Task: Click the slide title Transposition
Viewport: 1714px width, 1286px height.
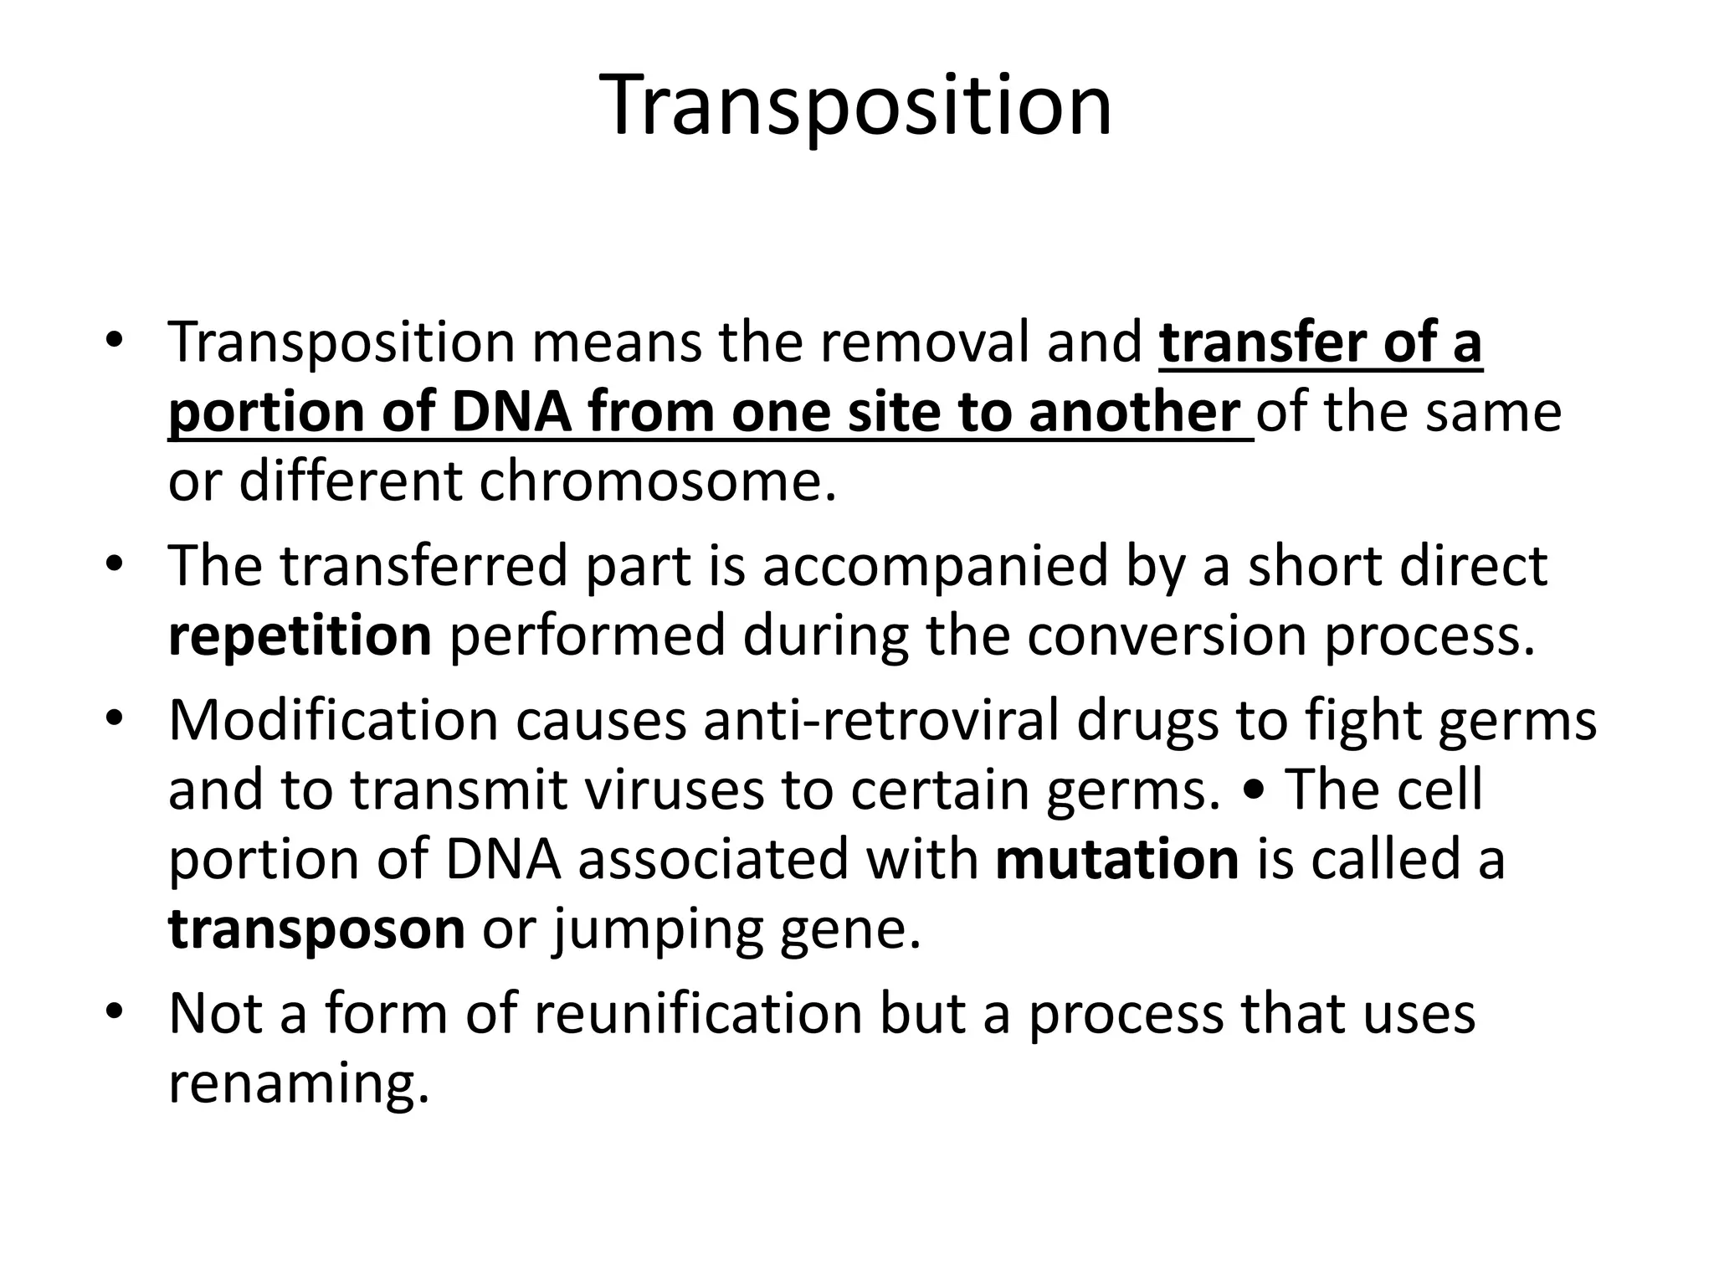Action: click(x=856, y=106)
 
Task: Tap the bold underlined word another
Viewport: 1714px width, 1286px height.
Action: click(x=1134, y=412)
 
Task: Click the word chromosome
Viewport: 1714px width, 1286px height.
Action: click(x=657, y=482)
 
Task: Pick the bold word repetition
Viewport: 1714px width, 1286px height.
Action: click(x=300, y=635)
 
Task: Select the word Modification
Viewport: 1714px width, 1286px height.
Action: click(x=333, y=720)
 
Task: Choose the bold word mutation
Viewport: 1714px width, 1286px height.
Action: click(x=1117, y=860)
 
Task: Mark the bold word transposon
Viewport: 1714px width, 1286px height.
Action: click(x=316, y=929)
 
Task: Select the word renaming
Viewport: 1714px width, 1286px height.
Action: click(x=299, y=1085)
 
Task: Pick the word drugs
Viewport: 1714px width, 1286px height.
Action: click(x=1147, y=720)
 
